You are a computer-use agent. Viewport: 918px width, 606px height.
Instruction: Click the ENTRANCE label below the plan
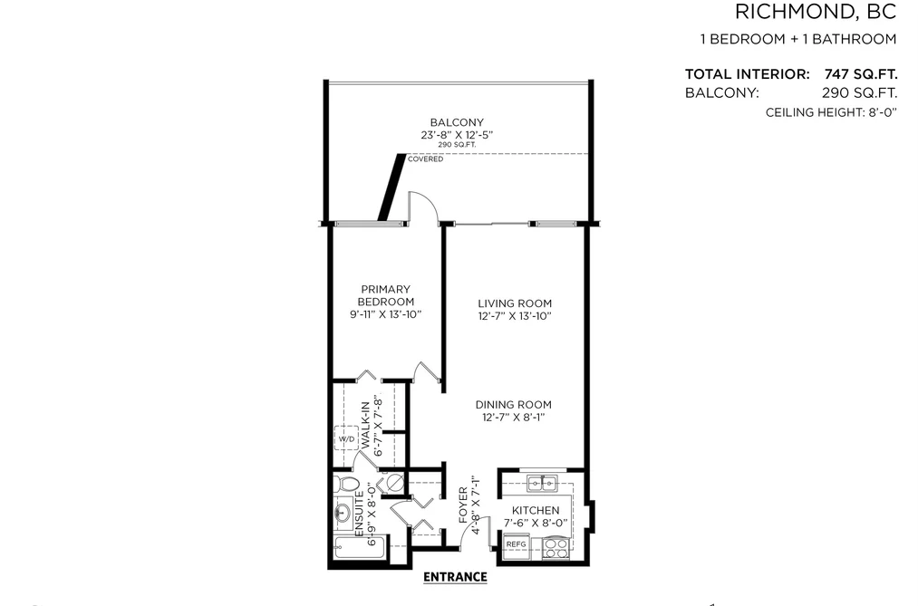pyautogui.click(x=455, y=577)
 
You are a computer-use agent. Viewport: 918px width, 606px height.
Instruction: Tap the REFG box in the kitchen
pyautogui.click(x=517, y=545)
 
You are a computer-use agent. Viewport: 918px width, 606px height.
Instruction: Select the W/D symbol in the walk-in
pyautogui.click(x=346, y=438)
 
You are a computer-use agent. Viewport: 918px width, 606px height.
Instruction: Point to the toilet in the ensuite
pyautogui.click(x=346, y=485)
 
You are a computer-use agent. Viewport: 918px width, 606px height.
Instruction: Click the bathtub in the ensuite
pyautogui.click(x=359, y=548)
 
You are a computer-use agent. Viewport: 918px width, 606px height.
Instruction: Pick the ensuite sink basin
pyautogui.click(x=343, y=513)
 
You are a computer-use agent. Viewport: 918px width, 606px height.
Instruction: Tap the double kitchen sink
pyautogui.click(x=542, y=484)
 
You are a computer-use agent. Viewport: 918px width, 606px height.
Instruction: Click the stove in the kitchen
pyautogui.click(x=556, y=548)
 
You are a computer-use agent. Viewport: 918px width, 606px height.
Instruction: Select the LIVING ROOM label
pyautogui.click(x=515, y=303)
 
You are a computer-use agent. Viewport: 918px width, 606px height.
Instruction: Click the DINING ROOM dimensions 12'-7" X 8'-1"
pyautogui.click(x=514, y=417)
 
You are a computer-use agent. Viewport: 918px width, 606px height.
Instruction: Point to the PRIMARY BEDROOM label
pyautogui.click(x=386, y=295)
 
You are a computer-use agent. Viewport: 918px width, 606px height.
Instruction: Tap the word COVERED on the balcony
pyautogui.click(x=426, y=159)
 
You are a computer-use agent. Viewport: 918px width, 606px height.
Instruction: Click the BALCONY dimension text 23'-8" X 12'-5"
pyautogui.click(x=457, y=135)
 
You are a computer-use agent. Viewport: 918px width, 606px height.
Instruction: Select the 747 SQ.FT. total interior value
pyautogui.click(x=861, y=74)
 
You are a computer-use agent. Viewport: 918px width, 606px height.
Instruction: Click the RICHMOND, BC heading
pyautogui.click(x=816, y=12)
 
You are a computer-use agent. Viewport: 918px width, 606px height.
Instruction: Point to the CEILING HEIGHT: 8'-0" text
pyautogui.click(x=831, y=112)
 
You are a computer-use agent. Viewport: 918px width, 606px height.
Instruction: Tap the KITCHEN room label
pyautogui.click(x=536, y=510)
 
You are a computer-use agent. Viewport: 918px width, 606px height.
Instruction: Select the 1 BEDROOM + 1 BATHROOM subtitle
pyautogui.click(x=798, y=39)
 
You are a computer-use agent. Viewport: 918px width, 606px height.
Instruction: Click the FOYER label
pyautogui.click(x=463, y=505)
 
